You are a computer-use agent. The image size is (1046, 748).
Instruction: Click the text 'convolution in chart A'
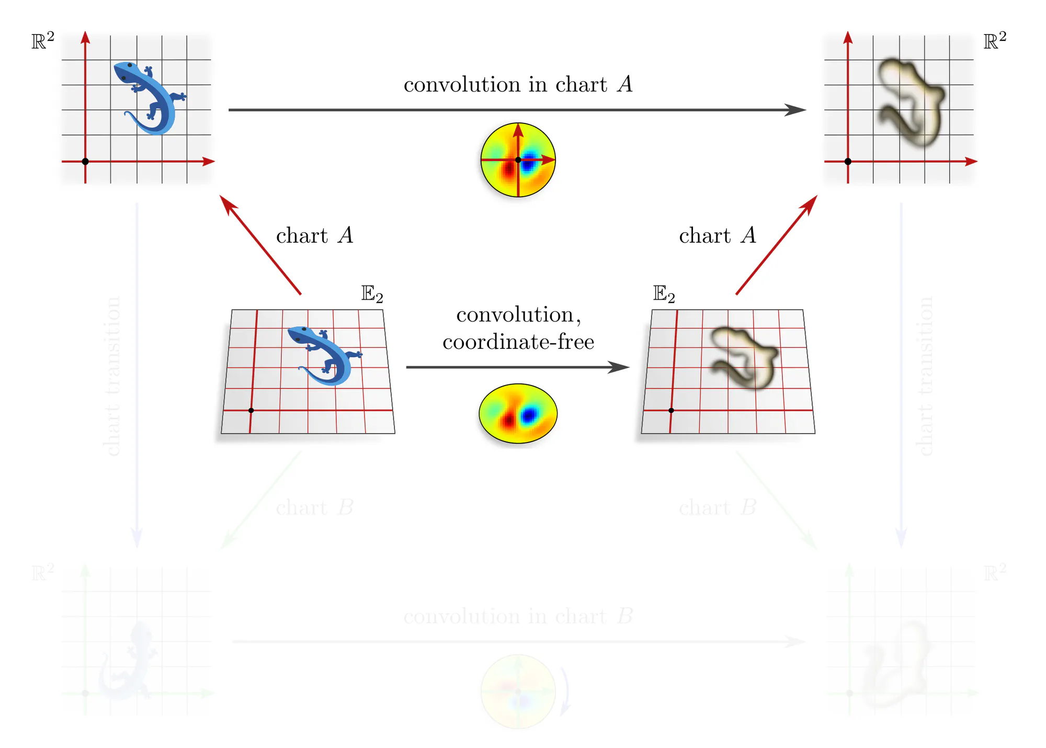[518, 84]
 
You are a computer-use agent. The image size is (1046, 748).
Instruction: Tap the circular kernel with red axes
[518, 160]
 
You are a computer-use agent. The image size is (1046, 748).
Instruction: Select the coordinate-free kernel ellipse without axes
[518, 414]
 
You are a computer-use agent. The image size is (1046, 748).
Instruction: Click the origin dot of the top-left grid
[85, 162]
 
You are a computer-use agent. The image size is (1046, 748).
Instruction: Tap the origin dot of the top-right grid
[848, 162]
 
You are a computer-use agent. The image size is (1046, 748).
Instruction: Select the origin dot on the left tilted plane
[251, 411]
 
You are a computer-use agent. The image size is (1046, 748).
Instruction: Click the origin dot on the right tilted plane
[671, 411]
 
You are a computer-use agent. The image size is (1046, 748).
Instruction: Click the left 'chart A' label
[314, 235]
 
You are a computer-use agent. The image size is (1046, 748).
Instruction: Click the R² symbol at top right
[995, 41]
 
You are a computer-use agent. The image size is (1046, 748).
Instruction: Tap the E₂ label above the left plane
[372, 294]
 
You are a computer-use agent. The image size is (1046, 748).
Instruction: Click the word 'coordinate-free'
[518, 342]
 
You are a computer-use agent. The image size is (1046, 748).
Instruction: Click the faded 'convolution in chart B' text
[518, 616]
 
